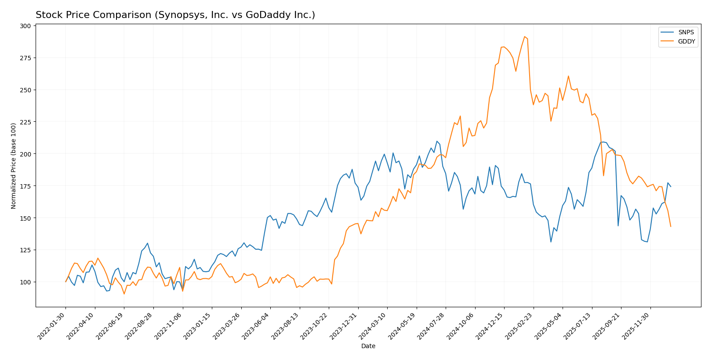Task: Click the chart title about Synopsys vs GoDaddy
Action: pos(175,15)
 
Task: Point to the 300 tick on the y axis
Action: pos(25,26)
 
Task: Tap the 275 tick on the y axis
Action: pos(25,58)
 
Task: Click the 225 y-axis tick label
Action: pos(25,122)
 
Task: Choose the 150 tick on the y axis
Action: pos(25,218)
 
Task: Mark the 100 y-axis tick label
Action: pos(25,282)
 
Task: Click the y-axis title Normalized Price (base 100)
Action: pos(14,166)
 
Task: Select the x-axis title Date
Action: pos(368,346)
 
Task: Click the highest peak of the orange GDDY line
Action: pos(524,36)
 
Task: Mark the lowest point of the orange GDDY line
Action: pos(124,294)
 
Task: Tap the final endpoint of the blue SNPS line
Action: pos(671,187)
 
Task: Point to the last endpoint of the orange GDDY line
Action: pos(671,226)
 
